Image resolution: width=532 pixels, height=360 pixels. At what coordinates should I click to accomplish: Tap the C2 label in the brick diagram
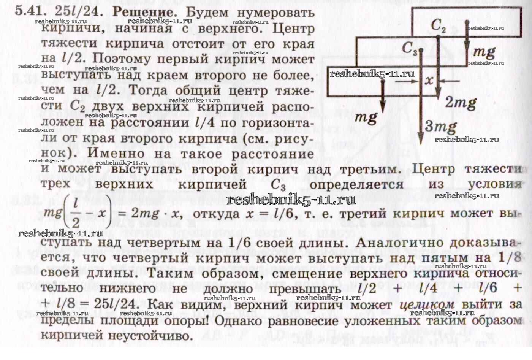click(x=438, y=25)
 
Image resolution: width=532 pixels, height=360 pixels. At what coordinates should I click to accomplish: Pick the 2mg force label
click(x=461, y=103)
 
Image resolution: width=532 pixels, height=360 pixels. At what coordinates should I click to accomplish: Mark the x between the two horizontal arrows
click(x=429, y=80)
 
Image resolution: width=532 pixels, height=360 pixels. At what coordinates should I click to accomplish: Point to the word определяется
click(x=356, y=185)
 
